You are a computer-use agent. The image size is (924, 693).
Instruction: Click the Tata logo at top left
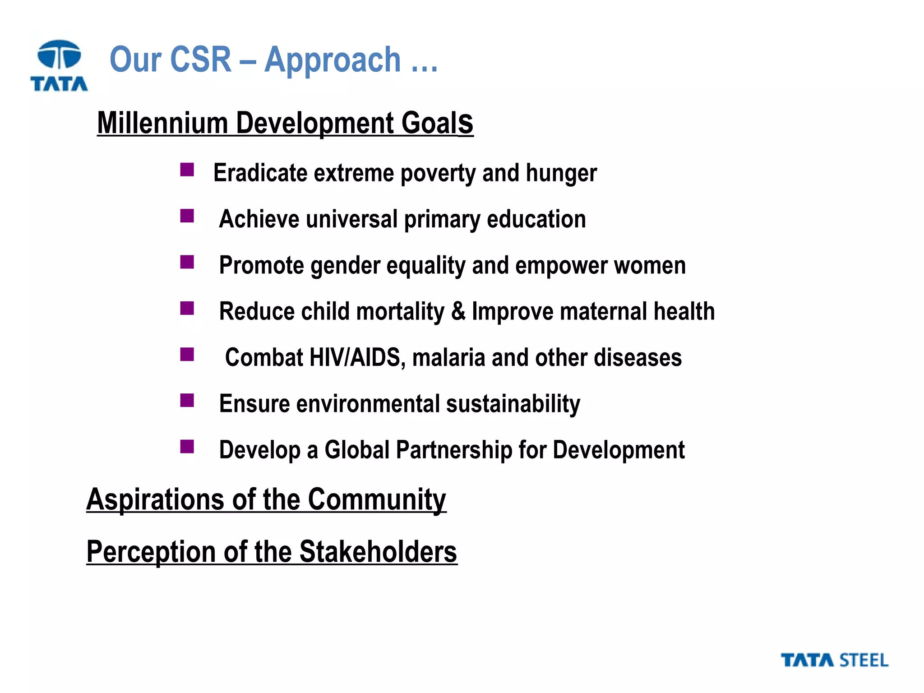coord(59,66)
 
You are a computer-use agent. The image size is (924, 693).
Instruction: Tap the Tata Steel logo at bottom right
coord(834,661)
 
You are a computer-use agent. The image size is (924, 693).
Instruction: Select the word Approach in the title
coord(333,60)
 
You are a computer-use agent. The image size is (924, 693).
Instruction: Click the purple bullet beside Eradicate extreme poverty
coord(187,170)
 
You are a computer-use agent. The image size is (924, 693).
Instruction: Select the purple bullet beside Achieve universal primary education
coord(187,216)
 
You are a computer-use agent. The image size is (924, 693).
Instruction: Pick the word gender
coord(345,266)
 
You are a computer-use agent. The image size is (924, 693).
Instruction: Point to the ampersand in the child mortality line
coord(458,311)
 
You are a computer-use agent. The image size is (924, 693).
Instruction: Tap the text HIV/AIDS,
coord(357,358)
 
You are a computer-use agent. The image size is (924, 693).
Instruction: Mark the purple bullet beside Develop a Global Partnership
coord(187,447)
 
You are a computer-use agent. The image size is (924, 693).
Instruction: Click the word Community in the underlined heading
coord(377,500)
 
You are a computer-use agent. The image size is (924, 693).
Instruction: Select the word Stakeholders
coord(378,552)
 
